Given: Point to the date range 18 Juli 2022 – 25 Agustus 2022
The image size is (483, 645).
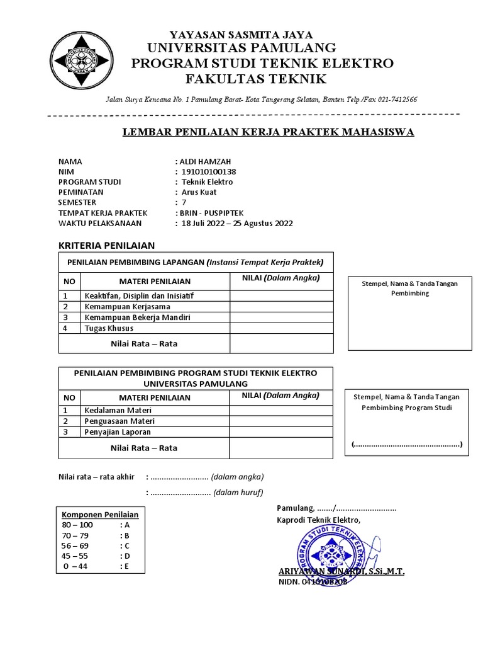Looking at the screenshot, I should coord(237,223).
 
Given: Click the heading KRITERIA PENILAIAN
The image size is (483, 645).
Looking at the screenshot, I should coord(106,245).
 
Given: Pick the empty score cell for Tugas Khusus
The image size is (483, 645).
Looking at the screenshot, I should coord(281,328).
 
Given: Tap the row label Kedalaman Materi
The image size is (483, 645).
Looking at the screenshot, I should coord(119,410).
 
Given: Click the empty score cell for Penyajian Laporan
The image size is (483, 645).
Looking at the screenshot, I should coord(281,432).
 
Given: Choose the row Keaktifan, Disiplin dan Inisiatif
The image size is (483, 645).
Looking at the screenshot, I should coord(139,295).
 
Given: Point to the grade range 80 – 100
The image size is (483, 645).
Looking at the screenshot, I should coord(77,525).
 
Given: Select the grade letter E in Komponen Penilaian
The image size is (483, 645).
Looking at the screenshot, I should coord(126,566).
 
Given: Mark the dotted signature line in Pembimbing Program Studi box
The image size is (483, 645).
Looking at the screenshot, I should coord(407,445).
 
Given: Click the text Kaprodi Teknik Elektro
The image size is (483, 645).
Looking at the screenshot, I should coord(319,520).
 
